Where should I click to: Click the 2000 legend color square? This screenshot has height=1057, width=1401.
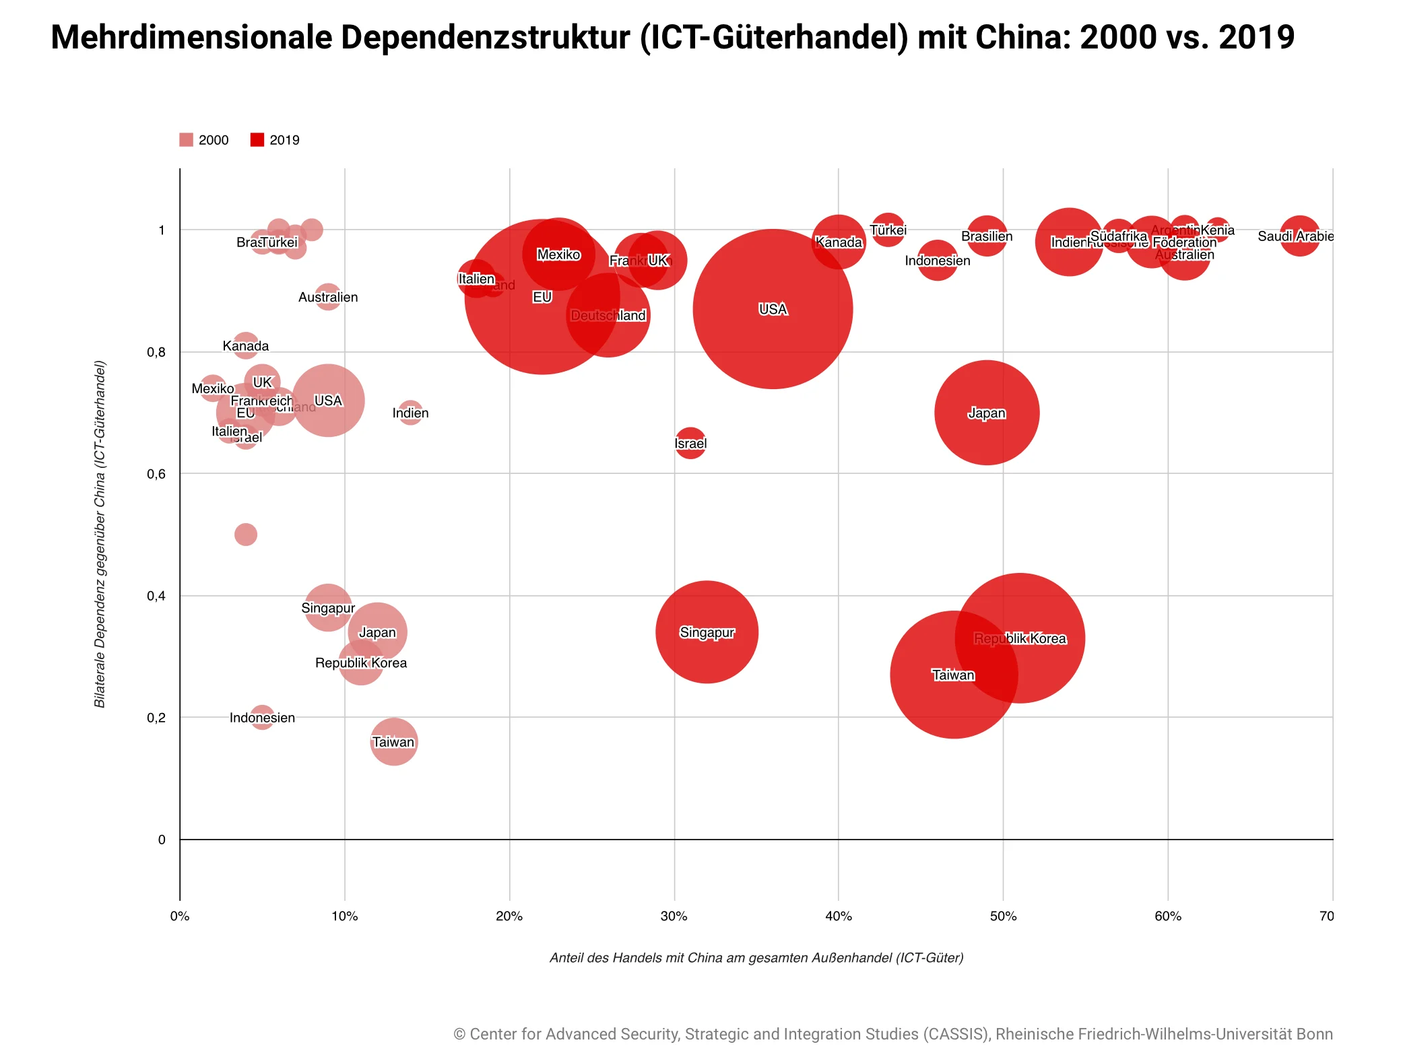[186, 140]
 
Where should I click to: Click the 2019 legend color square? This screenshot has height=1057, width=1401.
[257, 140]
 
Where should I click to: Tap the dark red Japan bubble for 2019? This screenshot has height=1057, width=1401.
[986, 413]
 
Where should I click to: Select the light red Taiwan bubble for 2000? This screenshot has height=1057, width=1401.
[394, 742]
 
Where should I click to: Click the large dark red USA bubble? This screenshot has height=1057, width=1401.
[773, 309]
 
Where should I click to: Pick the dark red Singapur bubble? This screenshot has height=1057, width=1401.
[707, 632]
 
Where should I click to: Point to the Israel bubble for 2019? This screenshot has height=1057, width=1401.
[690, 443]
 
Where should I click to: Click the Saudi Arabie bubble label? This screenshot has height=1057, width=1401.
[1295, 236]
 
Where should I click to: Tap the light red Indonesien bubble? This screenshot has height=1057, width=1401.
[262, 718]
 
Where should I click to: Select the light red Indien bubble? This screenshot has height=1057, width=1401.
[410, 413]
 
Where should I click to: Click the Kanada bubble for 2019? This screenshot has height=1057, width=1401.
[838, 242]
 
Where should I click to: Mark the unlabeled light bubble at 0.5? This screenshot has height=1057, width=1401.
[246, 535]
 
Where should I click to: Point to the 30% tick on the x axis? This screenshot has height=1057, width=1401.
[674, 916]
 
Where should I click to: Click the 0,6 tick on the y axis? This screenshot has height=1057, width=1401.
[156, 474]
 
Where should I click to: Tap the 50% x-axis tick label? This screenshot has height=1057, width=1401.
[1003, 916]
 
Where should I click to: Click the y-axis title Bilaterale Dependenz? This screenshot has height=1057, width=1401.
[100, 535]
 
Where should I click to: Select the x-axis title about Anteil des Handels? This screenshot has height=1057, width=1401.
[756, 957]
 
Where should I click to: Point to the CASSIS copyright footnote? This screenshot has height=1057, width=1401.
[893, 1034]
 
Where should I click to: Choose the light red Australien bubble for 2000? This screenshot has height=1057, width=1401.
[328, 297]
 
